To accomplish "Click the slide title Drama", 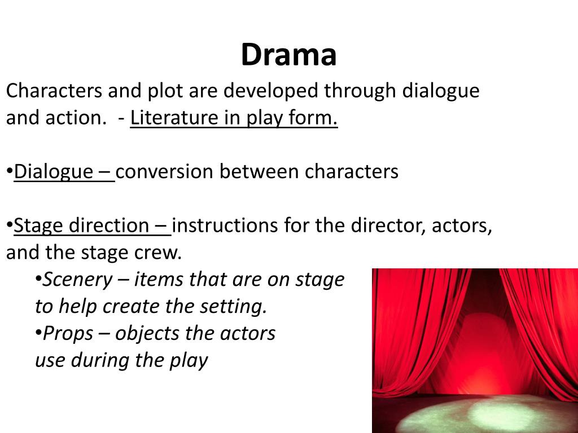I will [288, 55].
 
